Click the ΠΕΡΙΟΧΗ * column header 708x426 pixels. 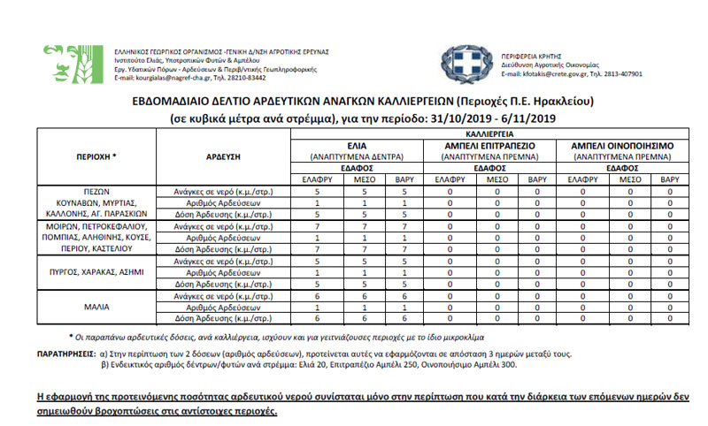pyautogui.click(x=97, y=155)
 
